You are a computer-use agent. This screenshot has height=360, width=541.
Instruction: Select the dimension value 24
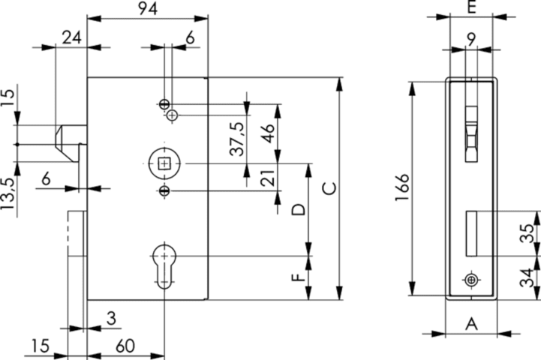click(x=72, y=37)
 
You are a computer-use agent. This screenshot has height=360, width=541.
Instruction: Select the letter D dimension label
click(x=298, y=209)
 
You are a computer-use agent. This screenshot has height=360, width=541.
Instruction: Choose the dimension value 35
click(x=528, y=232)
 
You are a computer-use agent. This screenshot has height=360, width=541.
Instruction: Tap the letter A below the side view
click(x=471, y=323)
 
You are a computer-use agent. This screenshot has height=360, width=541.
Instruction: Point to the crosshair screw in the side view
click(x=471, y=280)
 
